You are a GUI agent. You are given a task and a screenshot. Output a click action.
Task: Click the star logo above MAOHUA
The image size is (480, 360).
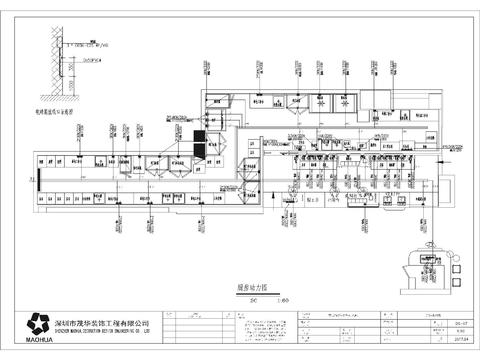pyautogui.click(x=41, y=323)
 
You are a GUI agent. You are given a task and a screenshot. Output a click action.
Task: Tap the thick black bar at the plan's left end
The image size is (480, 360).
pyautogui.click(x=28, y=179)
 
